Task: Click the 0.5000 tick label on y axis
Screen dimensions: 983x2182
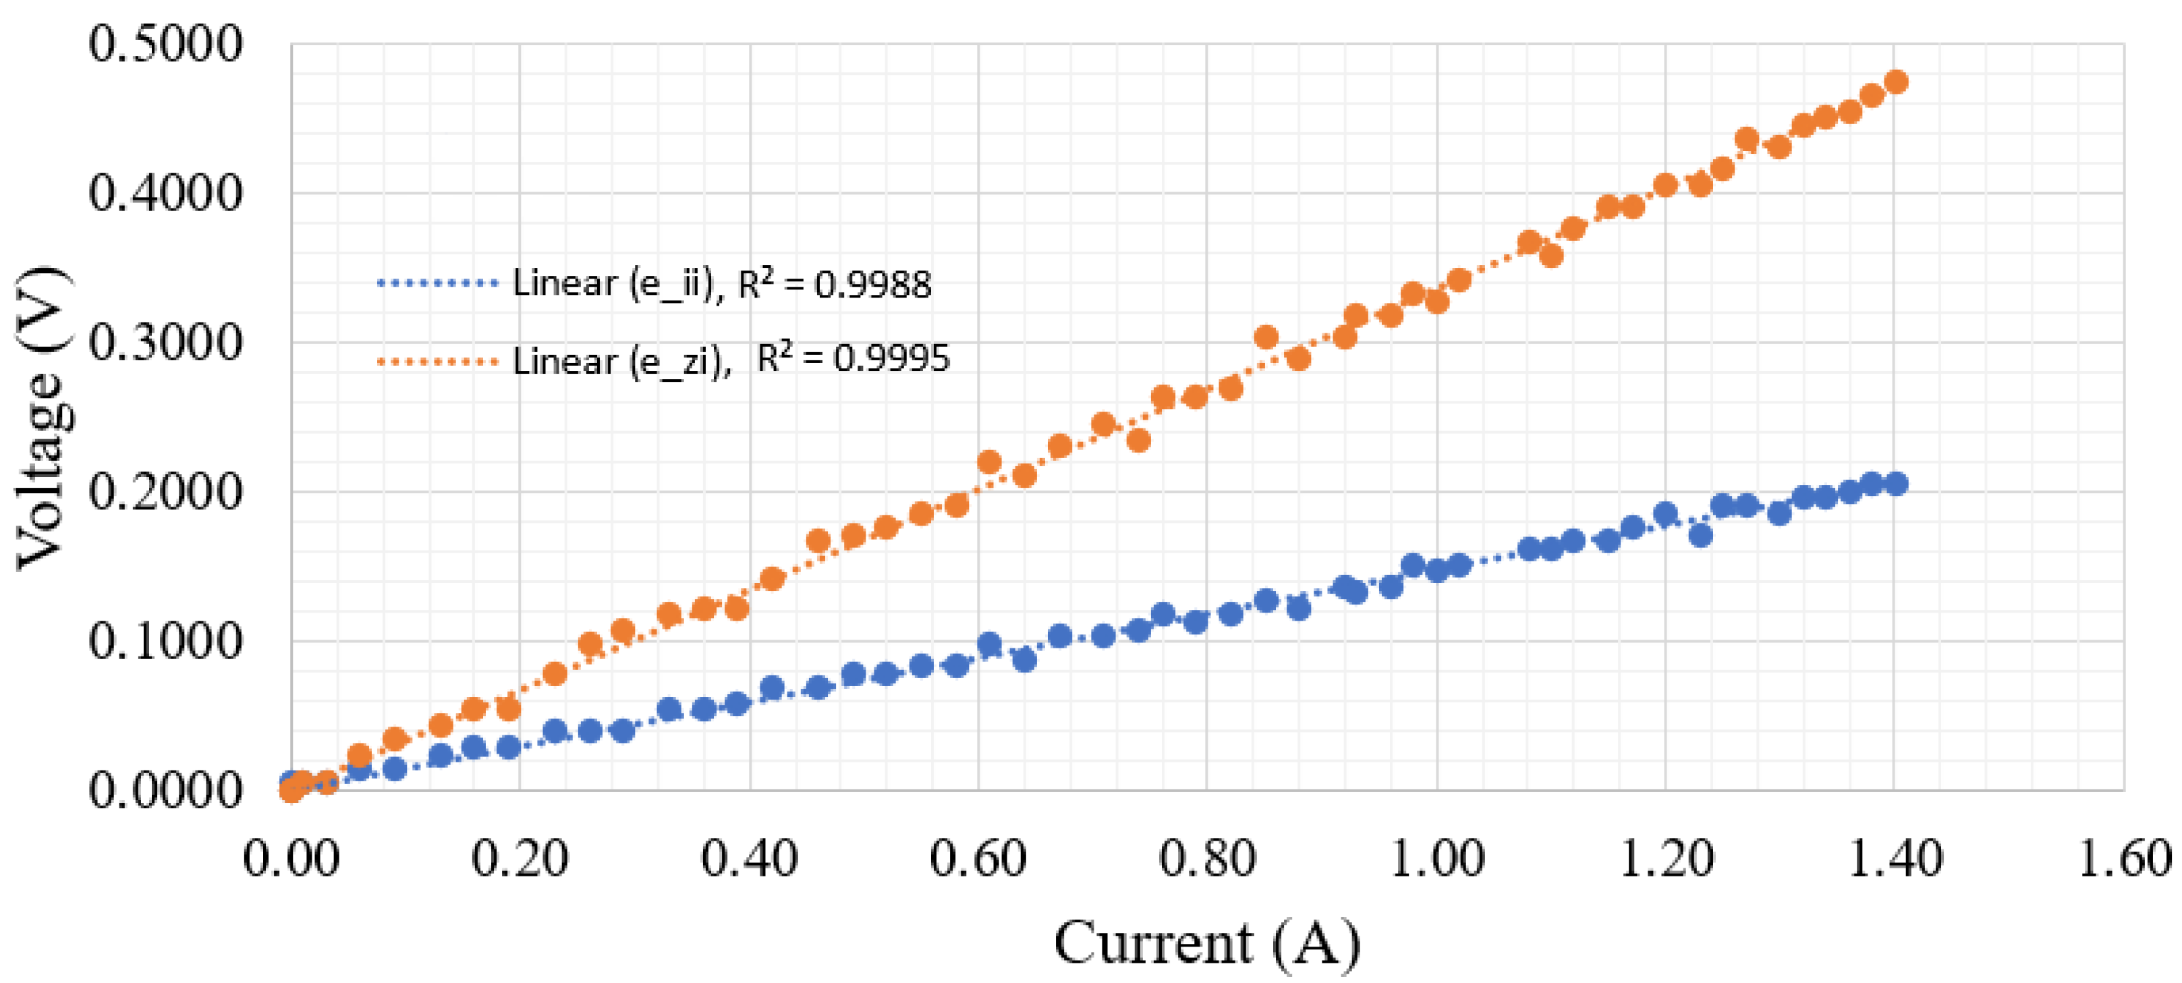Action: click(165, 44)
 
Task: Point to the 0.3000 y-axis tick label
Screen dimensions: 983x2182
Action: click(165, 343)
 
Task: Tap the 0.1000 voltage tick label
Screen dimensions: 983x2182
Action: click(165, 641)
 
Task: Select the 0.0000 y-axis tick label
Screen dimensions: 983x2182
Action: click(165, 791)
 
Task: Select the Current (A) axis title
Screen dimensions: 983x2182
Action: click(1206, 943)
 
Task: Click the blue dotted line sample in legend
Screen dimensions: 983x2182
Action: click(438, 283)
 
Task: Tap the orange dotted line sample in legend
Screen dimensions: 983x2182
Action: click(438, 362)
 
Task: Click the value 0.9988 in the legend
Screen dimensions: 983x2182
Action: click(872, 285)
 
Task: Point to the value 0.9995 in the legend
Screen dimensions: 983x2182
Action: click(891, 360)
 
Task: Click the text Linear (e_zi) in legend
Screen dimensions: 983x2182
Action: click(621, 362)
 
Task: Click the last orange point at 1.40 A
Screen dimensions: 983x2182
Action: click(1897, 82)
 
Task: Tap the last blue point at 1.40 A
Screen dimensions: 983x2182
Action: click(1897, 484)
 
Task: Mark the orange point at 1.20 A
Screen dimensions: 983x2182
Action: click(1665, 186)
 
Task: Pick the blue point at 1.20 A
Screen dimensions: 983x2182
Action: click(1665, 514)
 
